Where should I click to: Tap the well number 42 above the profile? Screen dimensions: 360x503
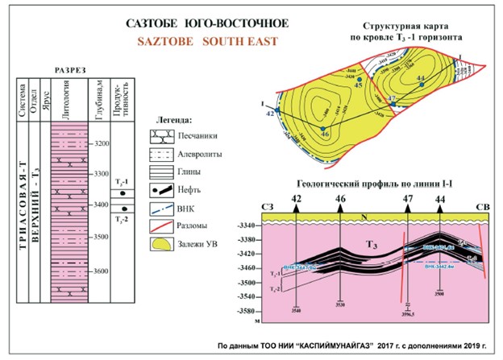click(x=297, y=197)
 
